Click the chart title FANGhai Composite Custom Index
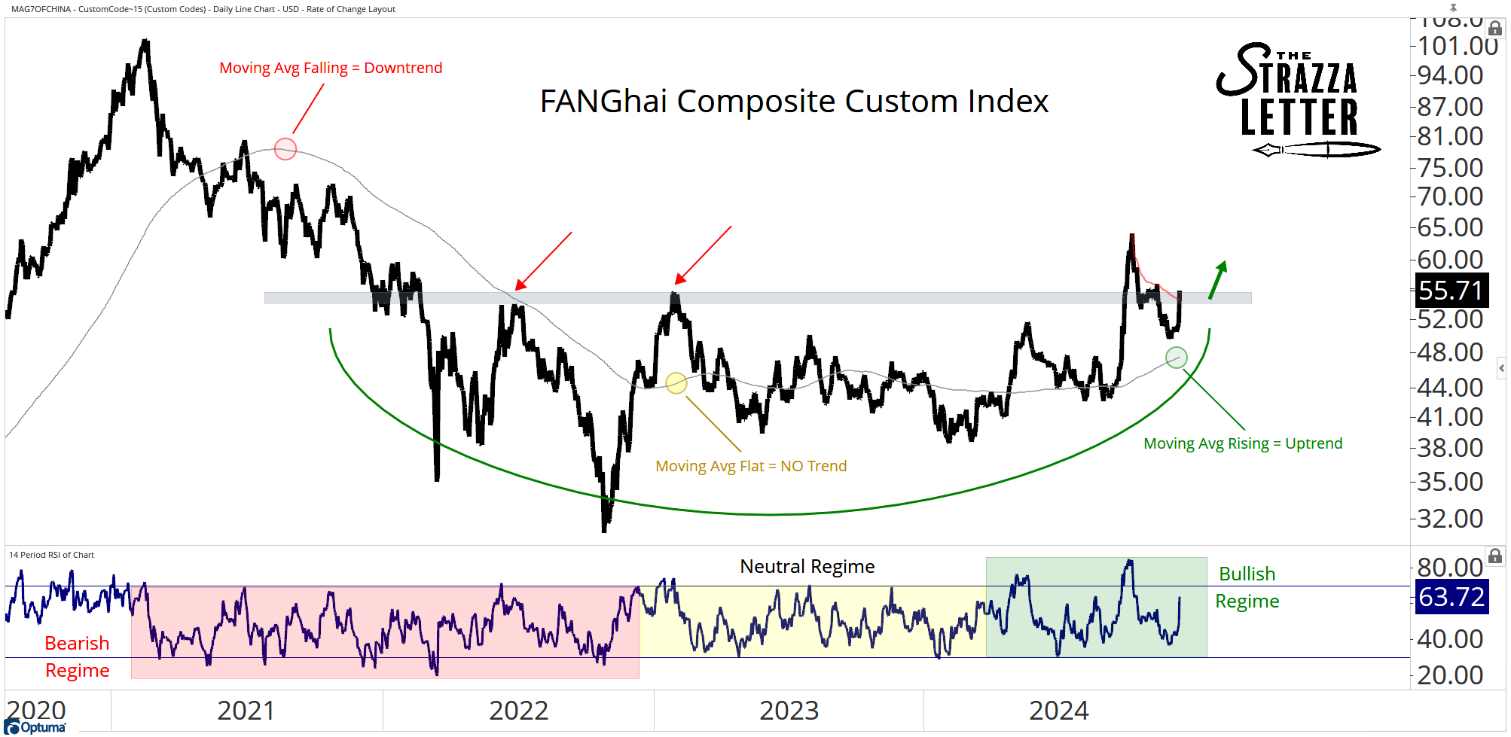[x=794, y=102]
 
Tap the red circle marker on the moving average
[x=285, y=149]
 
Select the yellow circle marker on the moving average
[x=676, y=383]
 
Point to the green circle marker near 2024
[x=1176, y=358]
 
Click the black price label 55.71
[x=1450, y=291]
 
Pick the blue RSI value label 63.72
[x=1451, y=597]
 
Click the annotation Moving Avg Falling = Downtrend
[x=331, y=68]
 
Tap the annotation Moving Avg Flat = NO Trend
[x=751, y=466]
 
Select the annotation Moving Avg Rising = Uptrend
[x=1243, y=443]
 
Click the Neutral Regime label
[x=807, y=566]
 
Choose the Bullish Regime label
[x=1247, y=587]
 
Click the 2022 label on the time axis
[x=518, y=711]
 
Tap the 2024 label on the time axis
[x=1058, y=711]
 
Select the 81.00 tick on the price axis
[x=1449, y=136]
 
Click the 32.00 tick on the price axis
[x=1449, y=519]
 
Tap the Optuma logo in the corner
[x=36, y=726]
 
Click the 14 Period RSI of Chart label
[x=51, y=555]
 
